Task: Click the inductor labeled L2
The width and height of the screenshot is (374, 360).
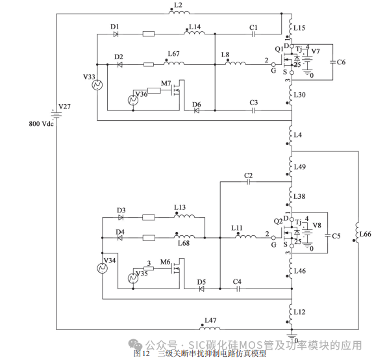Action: (179, 14)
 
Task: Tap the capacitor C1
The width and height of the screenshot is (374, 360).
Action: (254, 33)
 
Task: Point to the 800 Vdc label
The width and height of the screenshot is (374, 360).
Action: (42, 123)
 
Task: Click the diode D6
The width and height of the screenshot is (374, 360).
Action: (196, 110)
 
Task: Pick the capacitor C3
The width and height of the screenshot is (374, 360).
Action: (254, 110)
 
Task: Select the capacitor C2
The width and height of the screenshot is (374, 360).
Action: (248, 183)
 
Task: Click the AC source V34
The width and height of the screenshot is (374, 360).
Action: (102, 268)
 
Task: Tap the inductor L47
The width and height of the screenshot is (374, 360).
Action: (210, 328)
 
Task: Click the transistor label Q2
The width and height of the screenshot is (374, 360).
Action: (278, 221)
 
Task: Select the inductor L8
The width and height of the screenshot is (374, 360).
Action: (233, 64)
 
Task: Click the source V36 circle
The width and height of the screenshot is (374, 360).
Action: (132, 99)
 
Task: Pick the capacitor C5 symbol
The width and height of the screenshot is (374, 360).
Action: (328, 235)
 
